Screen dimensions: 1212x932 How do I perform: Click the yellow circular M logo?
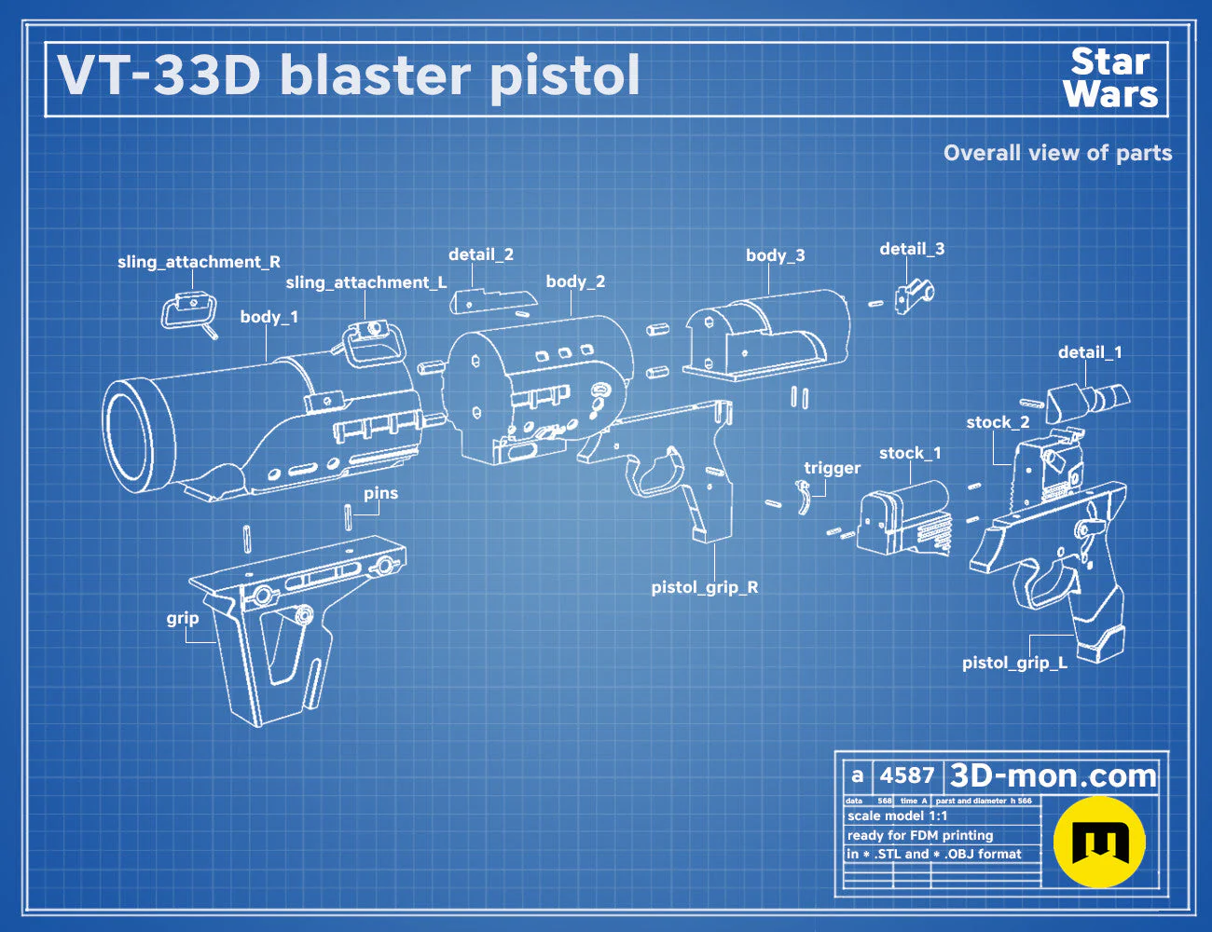1099,842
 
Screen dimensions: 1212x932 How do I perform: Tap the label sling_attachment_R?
200,263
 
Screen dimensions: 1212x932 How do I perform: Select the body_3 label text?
776,256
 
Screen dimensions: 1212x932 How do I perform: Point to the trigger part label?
833,468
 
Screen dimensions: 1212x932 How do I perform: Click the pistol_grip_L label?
1014,663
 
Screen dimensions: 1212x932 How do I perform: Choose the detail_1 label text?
1090,352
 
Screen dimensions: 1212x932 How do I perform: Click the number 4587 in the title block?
906,775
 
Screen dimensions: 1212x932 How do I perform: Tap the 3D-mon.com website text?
1053,775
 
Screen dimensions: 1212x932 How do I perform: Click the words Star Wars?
1110,77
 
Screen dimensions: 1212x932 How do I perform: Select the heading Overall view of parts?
1057,153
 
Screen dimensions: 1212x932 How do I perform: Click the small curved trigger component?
803,497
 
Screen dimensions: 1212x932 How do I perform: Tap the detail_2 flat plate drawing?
493,301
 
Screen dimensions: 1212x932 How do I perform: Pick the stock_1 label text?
910,453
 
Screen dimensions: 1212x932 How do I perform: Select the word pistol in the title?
565,76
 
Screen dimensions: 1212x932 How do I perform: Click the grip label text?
183,619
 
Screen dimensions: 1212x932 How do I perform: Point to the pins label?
381,493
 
